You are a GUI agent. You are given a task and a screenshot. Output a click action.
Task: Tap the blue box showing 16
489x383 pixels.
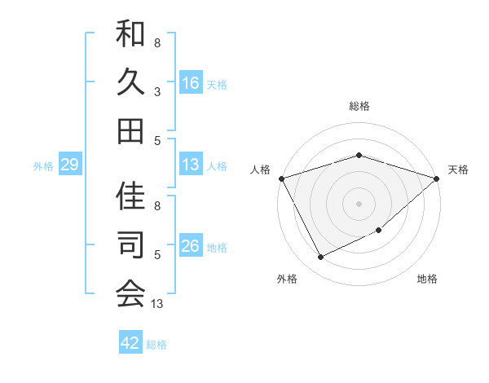pyautogui.click(x=191, y=82)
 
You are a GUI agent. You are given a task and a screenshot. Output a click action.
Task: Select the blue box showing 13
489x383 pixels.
pyautogui.click(x=191, y=165)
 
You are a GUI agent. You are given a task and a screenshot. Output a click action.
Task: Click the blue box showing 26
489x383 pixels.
pyautogui.click(x=191, y=246)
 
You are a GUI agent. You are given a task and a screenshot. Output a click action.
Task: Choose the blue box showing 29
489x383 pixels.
pyautogui.click(x=69, y=165)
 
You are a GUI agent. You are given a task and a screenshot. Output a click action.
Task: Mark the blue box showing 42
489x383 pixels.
pyautogui.click(x=130, y=343)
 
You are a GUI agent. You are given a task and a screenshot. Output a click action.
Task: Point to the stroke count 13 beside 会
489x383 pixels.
pyautogui.click(x=157, y=304)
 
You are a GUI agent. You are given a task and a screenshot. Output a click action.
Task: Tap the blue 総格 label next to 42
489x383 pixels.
pyautogui.click(x=156, y=345)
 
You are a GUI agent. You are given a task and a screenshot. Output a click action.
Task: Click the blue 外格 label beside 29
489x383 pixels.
pyautogui.click(x=43, y=166)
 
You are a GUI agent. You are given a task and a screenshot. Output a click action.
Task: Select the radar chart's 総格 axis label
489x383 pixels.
pyautogui.click(x=359, y=106)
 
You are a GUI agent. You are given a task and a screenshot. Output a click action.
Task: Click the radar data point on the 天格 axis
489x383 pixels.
pyautogui.click(x=438, y=178)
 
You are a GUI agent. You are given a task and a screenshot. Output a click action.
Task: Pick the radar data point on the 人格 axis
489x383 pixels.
pyautogui.click(x=281, y=178)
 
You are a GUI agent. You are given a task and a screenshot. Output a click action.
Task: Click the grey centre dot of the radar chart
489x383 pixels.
pyautogui.click(x=359, y=204)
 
